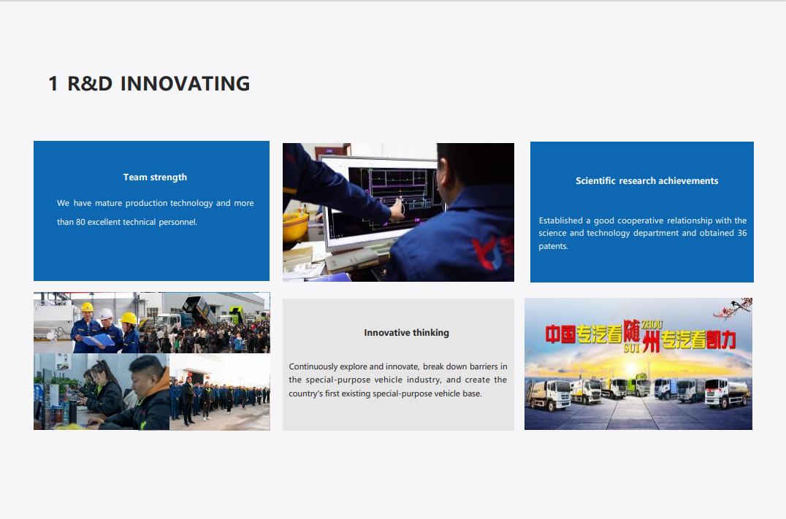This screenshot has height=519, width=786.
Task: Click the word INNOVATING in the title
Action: (x=185, y=84)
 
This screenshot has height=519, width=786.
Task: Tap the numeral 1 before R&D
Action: (x=53, y=84)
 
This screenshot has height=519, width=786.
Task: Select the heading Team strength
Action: (x=155, y=177)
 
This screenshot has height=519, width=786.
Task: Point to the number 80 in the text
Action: (x=80, y=222)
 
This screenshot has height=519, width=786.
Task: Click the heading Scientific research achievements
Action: (x=646, y=181)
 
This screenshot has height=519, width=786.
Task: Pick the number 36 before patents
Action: (x=742, y=233)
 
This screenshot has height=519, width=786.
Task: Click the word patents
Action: (x=553, y=246)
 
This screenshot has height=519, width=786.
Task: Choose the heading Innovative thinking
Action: (x=407, y=333)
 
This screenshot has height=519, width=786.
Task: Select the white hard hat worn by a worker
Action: (x=106, y=314)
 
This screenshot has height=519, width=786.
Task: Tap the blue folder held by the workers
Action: (x=98, y=340)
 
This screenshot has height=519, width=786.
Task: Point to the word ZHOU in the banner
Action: (x=652, y=325)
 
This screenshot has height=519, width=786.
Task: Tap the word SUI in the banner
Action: (x=631, y=347)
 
